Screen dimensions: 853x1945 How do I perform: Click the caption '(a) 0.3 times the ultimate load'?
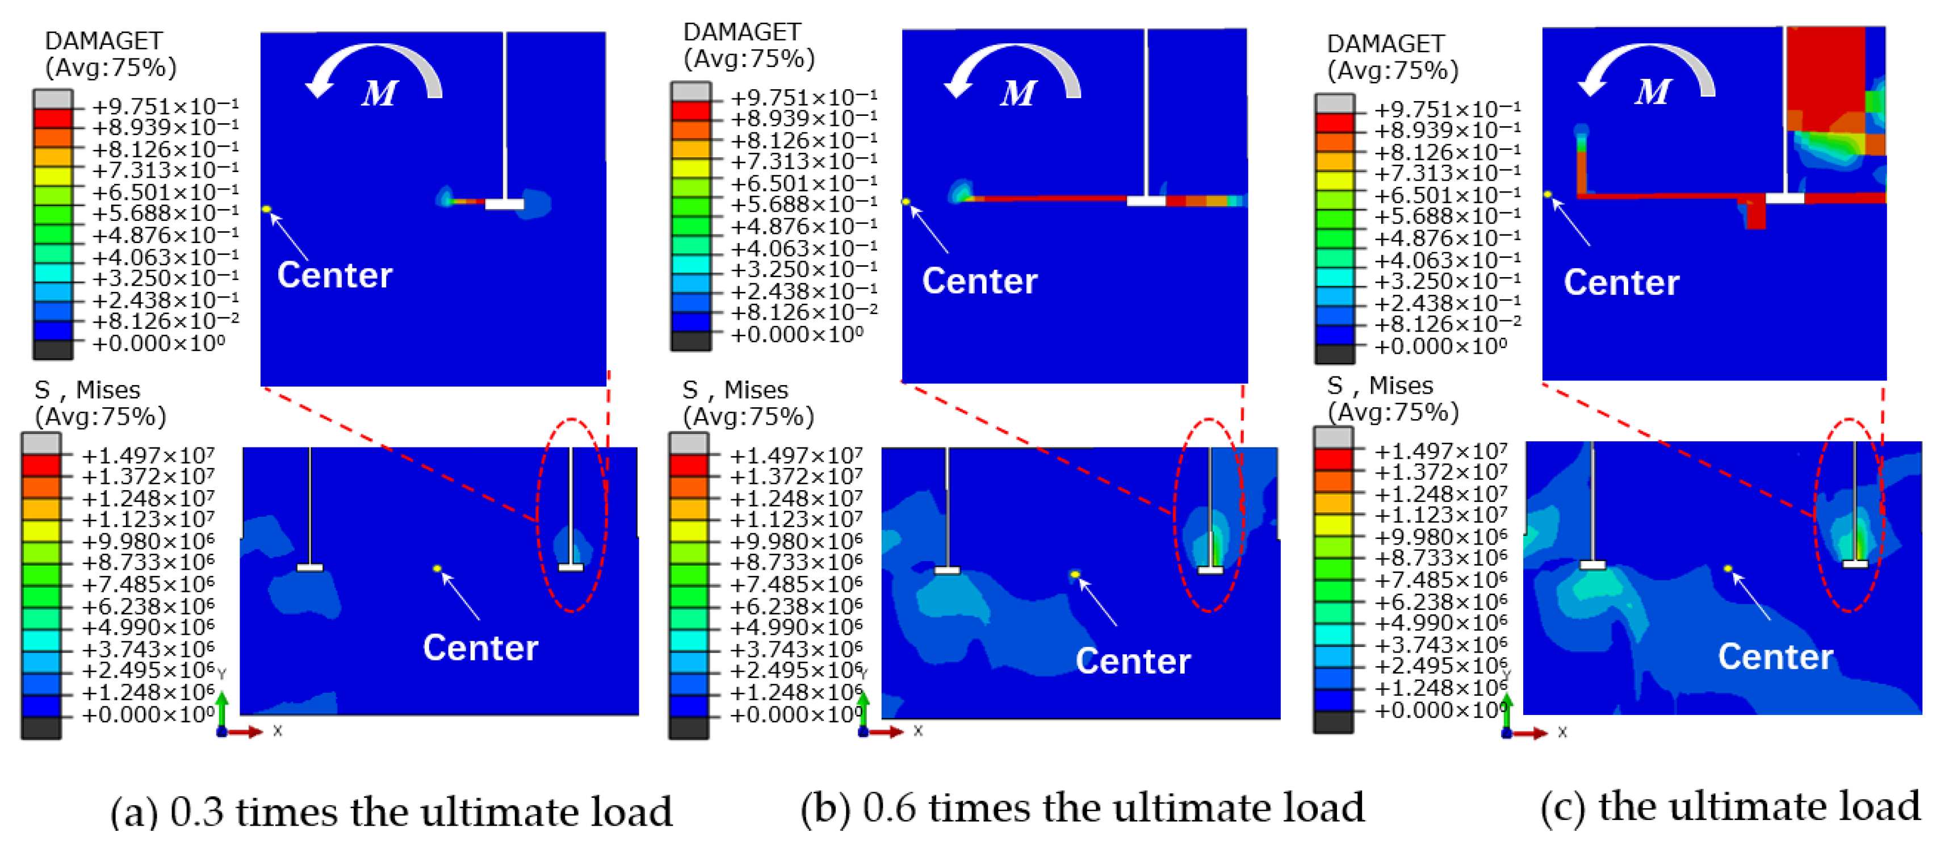point(391,812)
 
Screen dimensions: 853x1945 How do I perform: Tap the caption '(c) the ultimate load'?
point(1730,806)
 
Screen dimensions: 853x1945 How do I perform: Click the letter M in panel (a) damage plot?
point(379,94)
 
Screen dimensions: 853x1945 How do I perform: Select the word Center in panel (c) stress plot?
point(1775,657)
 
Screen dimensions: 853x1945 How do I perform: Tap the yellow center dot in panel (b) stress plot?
point(1075,575)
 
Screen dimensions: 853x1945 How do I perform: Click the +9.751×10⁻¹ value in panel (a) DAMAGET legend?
point(165,106)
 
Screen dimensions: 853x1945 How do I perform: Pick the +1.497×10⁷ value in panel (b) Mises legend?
point(796,455)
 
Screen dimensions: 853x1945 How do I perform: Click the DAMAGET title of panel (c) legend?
point(1385,44)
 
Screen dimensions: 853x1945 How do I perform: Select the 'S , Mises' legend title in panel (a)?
point(87,390)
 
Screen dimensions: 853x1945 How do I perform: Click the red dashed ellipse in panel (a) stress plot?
point(538,514)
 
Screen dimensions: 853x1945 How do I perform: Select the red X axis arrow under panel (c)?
point(1528,733)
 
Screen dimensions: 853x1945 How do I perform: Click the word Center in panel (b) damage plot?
point(979,281)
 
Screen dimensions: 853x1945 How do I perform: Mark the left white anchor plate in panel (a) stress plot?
point(309,567)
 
